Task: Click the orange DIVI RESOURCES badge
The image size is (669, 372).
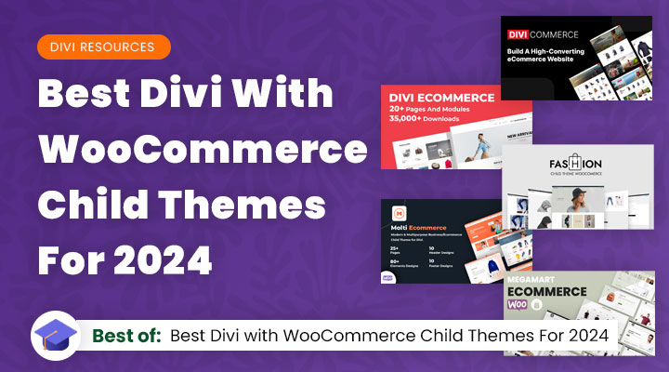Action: pos(104,46)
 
